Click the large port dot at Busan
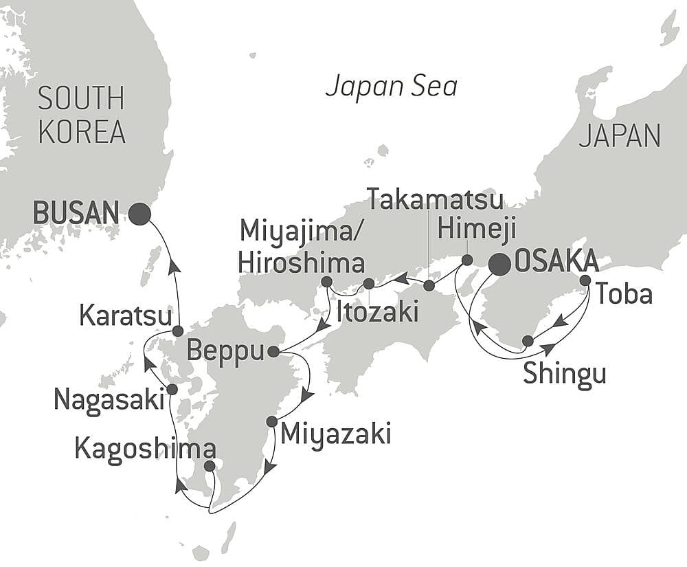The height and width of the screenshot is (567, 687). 139,214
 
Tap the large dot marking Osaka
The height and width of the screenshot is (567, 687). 499,265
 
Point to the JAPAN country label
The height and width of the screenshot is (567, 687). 619,136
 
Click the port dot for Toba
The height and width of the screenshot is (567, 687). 585,280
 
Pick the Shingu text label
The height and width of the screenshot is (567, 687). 565,375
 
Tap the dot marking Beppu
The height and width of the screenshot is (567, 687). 273,352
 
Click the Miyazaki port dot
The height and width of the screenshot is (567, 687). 271,421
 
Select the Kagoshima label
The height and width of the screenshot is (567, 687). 145,450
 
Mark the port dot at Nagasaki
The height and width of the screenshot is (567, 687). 172,390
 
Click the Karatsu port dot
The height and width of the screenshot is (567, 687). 177,331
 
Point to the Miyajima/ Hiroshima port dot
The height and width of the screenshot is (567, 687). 326,282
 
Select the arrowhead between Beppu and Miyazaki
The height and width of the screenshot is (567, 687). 308,396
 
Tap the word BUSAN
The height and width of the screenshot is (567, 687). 76,214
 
